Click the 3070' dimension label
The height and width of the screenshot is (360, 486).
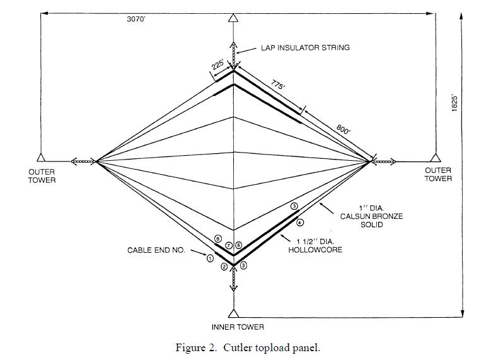pos(136,20)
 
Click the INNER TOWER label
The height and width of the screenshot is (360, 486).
pos(238,327)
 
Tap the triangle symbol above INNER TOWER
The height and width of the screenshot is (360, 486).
pos(234,313)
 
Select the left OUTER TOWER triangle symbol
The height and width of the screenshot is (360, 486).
pos(40,158)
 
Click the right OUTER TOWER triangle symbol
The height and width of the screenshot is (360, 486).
pos(434,158)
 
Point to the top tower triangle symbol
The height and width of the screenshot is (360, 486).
pos(233,17)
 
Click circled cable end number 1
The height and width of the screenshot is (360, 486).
pos(210,258)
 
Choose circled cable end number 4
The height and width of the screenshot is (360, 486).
pos(300,222)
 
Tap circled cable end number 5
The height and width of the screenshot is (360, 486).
pos(294,206)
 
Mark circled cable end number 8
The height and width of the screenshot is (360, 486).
pos(217,239)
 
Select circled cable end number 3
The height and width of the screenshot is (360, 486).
pos(244,266)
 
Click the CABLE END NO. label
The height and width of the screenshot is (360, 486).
pos(156,250)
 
